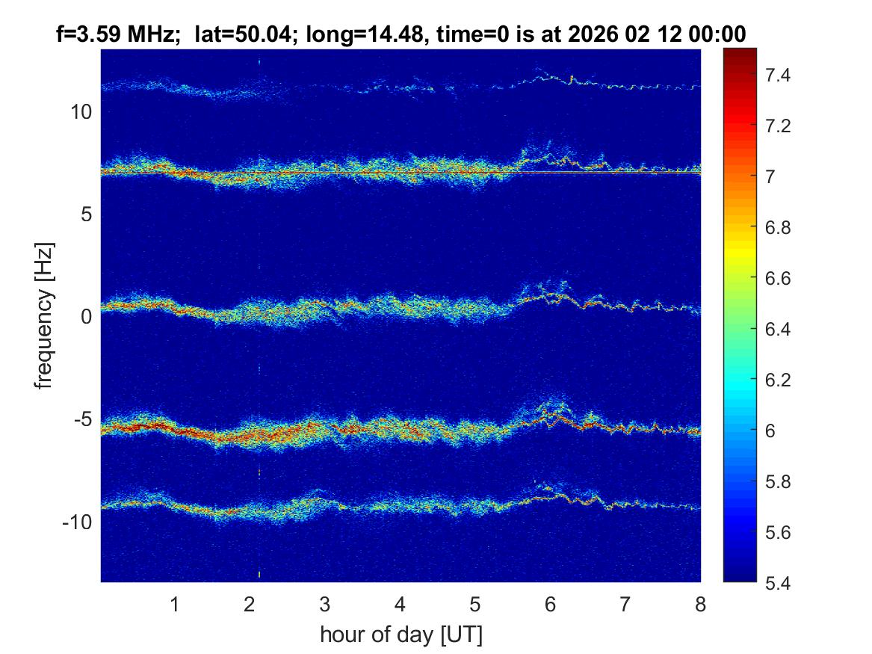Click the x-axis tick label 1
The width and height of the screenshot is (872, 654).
click(175, 604)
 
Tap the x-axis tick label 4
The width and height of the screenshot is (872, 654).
click(401, 604)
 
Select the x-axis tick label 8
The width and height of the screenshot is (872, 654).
click(700, 604)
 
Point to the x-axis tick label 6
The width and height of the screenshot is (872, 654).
click(551, 604)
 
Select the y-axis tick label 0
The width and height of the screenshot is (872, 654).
click(85, 317)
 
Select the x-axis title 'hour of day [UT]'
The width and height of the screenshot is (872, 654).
click(401, 635)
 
